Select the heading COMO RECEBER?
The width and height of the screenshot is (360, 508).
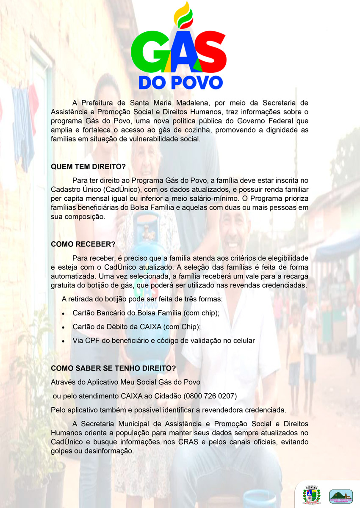[83, 244]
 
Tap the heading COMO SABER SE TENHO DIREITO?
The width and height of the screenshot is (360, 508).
[113, 368]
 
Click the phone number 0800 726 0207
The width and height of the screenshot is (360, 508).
[210, 396]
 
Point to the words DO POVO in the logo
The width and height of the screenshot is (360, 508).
[180, 82]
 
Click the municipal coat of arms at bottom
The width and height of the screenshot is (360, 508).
[312, 494]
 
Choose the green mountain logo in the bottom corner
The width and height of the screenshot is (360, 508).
[341, 496]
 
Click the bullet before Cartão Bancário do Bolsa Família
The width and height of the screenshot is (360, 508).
[63, 314]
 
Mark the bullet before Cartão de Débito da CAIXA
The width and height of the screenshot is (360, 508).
[63, 327]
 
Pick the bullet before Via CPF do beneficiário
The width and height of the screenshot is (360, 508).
[63, 341]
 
